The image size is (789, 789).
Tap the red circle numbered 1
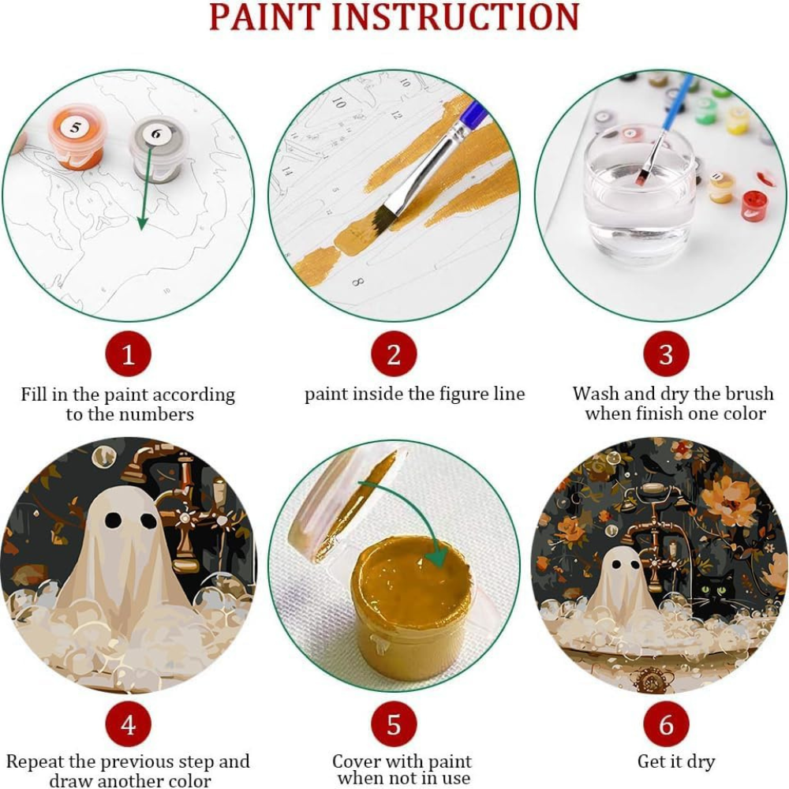point(128,355)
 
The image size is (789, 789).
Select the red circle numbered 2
point(394,355)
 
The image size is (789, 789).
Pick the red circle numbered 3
point(666,355)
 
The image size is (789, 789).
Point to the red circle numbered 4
point(128,724)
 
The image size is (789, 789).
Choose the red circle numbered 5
point(394,724)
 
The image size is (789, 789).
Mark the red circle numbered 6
point(666,724)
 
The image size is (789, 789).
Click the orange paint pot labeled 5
point(76,139)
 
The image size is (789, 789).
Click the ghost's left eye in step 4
point(114,521)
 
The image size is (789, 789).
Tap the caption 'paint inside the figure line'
point(414,394)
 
